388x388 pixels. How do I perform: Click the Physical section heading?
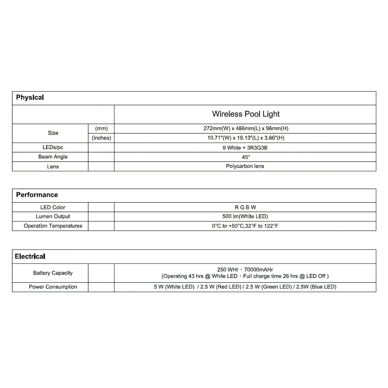(30, 97)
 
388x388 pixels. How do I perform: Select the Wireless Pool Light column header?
(246, 114)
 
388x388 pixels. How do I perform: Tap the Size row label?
(53, 133)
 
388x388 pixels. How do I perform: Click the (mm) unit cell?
(101, 128)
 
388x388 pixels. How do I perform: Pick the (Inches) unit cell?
(101, 138)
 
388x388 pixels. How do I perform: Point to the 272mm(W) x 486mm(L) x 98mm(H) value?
(246, 128)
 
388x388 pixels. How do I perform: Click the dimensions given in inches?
(246, 138)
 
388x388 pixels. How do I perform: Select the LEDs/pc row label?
(53, 147)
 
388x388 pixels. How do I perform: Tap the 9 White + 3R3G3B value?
(245, 148)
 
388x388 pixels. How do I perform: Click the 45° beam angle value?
(246, 157)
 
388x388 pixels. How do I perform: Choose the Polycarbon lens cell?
(245, 166)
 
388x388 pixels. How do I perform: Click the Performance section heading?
(37, 195)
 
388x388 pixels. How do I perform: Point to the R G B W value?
(245, 207)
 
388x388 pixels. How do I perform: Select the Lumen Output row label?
(53, 216)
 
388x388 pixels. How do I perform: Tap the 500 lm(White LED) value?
(245, 216)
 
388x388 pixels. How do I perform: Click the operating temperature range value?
(245, 226)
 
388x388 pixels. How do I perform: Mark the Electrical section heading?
(30, 256)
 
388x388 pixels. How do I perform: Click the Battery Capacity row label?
(53, 273)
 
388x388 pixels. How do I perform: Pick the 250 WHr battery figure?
(228, 269)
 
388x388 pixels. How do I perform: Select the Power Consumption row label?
(53, 287)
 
